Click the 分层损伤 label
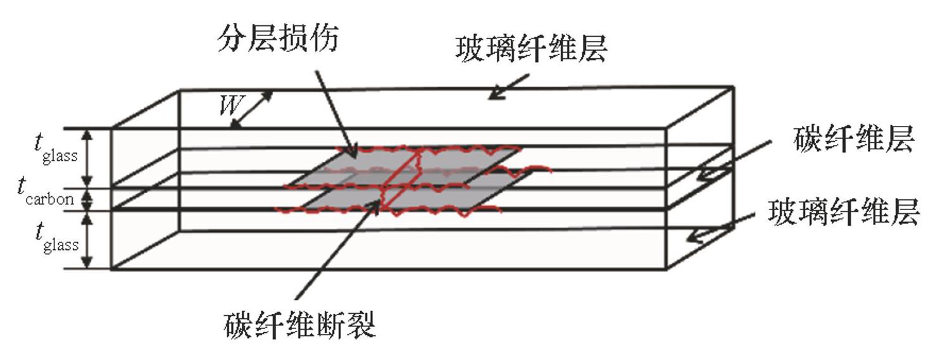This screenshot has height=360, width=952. tap(277, 40)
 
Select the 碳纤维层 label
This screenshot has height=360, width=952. tap(853, 141)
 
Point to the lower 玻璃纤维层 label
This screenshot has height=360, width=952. tap(842, 214)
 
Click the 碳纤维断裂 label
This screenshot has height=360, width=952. tap(300, 326)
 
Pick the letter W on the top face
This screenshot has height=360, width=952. tap(229, 105)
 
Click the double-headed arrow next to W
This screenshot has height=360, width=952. tap(251, 109)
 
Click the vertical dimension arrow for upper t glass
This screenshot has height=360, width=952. tap(89, 159)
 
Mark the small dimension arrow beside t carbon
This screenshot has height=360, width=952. tap(89, 200)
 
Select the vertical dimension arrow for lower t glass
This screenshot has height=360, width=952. tap(89, 240)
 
